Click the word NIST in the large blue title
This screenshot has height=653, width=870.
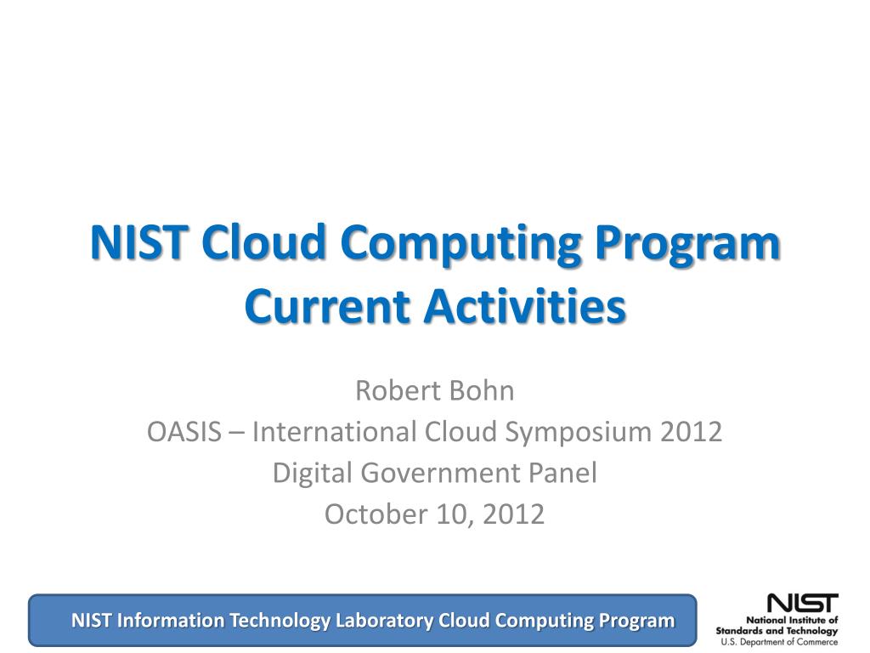point(137,242)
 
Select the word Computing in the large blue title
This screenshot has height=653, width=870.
point(460,246)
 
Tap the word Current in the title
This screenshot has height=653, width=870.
point(327,306)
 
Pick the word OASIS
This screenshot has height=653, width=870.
point(184,431)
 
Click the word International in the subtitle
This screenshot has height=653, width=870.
point(335,431)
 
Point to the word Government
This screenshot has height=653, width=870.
point(441,473)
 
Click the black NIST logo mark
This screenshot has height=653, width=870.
point(802,603)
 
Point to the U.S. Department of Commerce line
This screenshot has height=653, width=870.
point(780,642)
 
